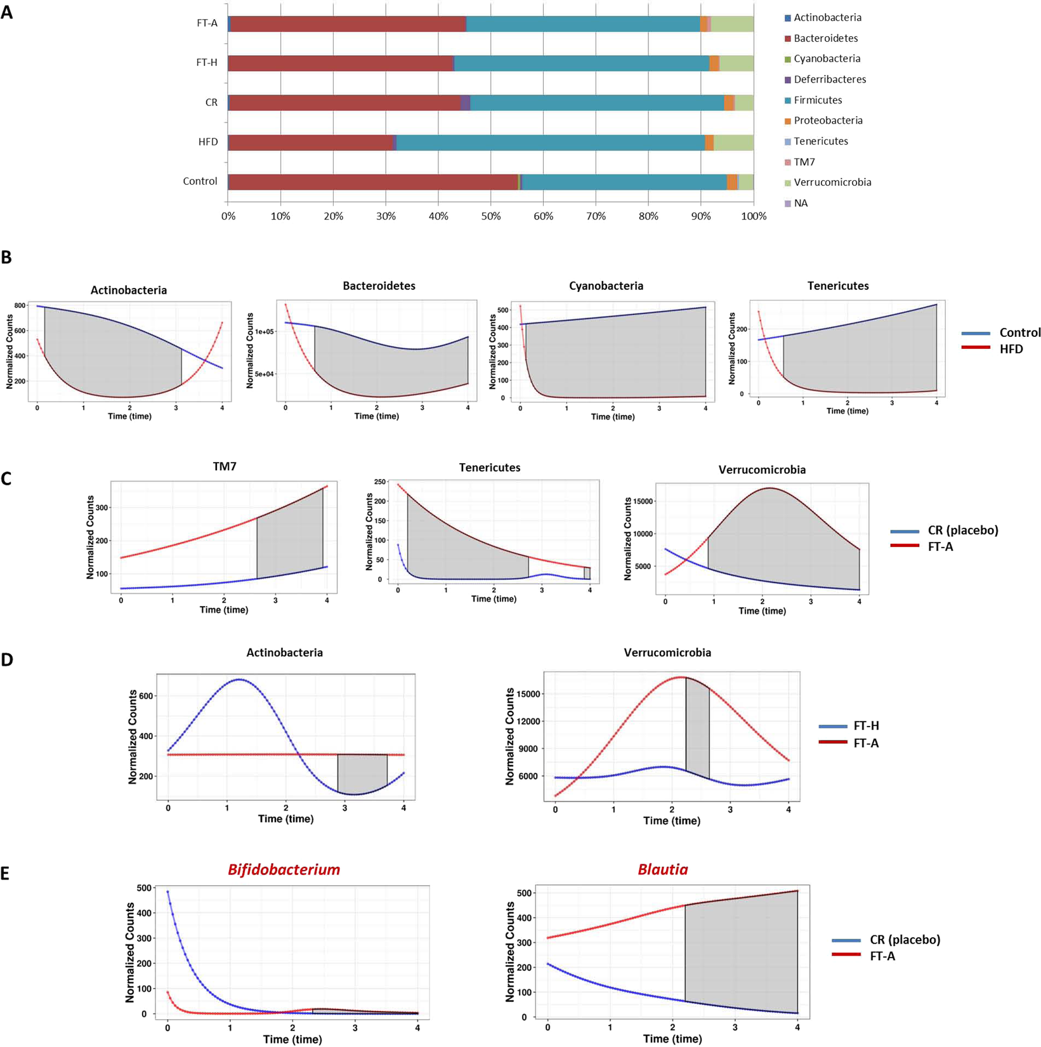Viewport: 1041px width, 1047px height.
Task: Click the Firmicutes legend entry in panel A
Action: (x=817, y=100)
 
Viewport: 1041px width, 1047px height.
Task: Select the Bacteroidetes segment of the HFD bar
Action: (x=311, y=142)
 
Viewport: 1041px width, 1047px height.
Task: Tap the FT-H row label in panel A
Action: (x=207, y=62)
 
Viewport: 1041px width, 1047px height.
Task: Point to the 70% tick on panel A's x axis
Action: (x=595, y=216)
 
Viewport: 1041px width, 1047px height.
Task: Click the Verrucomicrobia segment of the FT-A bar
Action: (x=732, y=24)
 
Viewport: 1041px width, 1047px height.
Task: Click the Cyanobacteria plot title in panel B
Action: (x=606, y=286)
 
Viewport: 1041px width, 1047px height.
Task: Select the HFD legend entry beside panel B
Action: (x=1011, y=349)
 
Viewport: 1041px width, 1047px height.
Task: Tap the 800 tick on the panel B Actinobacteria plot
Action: (x=20, y=306)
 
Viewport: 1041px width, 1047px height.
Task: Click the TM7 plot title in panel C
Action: (x=225, y=466)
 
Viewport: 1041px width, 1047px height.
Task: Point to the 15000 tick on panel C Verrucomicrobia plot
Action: (x=641, y=501)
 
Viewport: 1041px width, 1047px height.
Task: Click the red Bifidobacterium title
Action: (x=284, y=869)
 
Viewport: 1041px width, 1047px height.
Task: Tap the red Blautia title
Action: (x=663, y=869)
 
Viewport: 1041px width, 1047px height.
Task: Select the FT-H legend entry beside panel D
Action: (x=866, y=726)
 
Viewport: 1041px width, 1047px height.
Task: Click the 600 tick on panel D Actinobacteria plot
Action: (x=146, y=696)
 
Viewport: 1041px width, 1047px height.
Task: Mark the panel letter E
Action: (x=5, y=874)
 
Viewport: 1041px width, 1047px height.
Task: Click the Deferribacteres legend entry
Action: (x=829, y=79)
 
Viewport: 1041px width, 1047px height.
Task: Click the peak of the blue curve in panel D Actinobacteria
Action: (x=240, y=680)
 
